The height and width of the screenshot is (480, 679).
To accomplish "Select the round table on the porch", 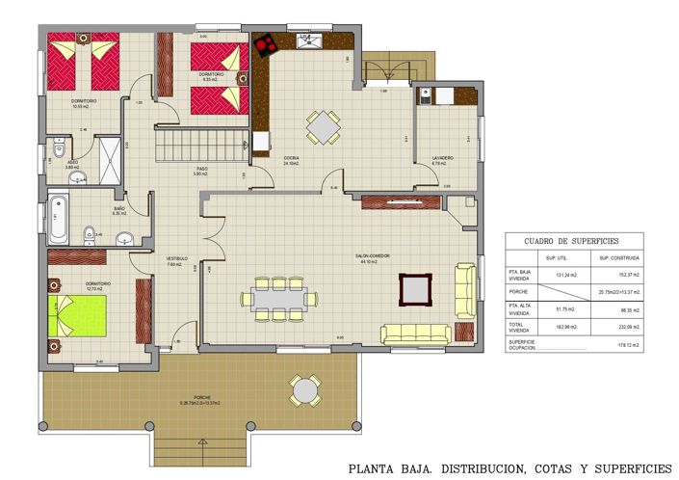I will click(x=305, y=390).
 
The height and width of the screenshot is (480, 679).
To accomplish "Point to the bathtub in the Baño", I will click(x=58, y=220).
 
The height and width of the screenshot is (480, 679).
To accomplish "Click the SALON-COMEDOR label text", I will click(x=374, y=256).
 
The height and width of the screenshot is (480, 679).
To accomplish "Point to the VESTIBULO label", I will click(x=176, y=258).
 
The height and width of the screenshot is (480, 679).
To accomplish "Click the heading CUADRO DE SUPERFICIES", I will click(x=571, y=241).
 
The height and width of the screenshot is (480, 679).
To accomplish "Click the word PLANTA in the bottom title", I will click(x=371, y=468).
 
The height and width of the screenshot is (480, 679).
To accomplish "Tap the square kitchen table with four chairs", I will click(x=324, y=126).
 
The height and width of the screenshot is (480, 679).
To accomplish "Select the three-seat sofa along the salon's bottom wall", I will click(x=416, y=333).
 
